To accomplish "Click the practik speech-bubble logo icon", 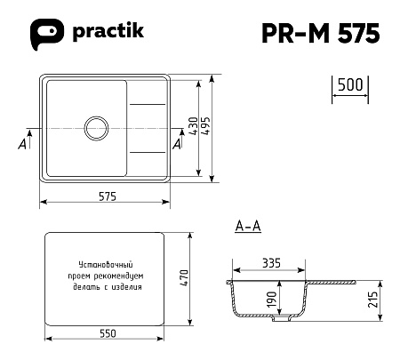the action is click(x=47, y=34).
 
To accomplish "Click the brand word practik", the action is click(x=108, y=31).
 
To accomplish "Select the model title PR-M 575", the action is click(x=321, y=33).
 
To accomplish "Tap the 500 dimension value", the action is click(x=350, y=84).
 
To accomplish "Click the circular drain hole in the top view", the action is click(x=96, y=128).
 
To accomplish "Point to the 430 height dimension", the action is click(x=193, y=126).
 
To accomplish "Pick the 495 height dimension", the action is click(x=205, y=126).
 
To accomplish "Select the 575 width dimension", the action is click(x=108, y=196).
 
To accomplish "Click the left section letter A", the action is click(x=22, y=144).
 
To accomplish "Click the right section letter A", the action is click(x=177, y=144).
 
